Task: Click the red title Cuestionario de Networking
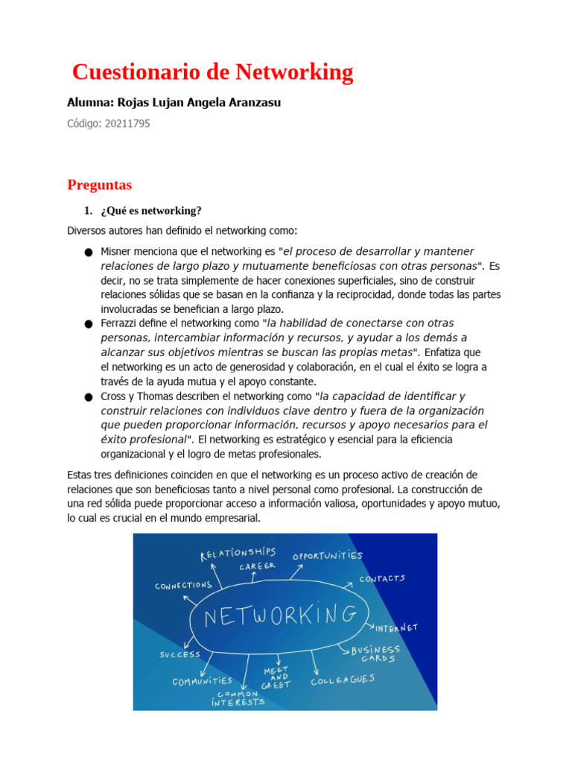pyautogui.click(x=212, y=72)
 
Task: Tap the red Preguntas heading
pyautogui.click(x=99, y=184)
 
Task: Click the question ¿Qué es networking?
pyautogui.click(x=151, y=211)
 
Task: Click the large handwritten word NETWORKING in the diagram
pyautogui.click(x=280, y=615)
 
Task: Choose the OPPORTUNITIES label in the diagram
pyautogui.click(x=327, y=556)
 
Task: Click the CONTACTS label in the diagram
pyautogui.click(x=382, y=578)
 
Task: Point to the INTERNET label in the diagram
pyautogui.click(x=396, y=627)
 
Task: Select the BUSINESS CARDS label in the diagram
pyautogui.click(x=375, y=654)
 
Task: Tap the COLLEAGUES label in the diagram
pyautogui.click(x=343, y=680)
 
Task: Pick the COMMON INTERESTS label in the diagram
pyautogui.click(x=238, y=698)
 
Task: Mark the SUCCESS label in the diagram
pyautogui.click(x=179, y=654)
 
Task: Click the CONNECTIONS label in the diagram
pyautogui.click(x=184, y=586)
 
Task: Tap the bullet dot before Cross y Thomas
pyautogui.click(x=89, y=397)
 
